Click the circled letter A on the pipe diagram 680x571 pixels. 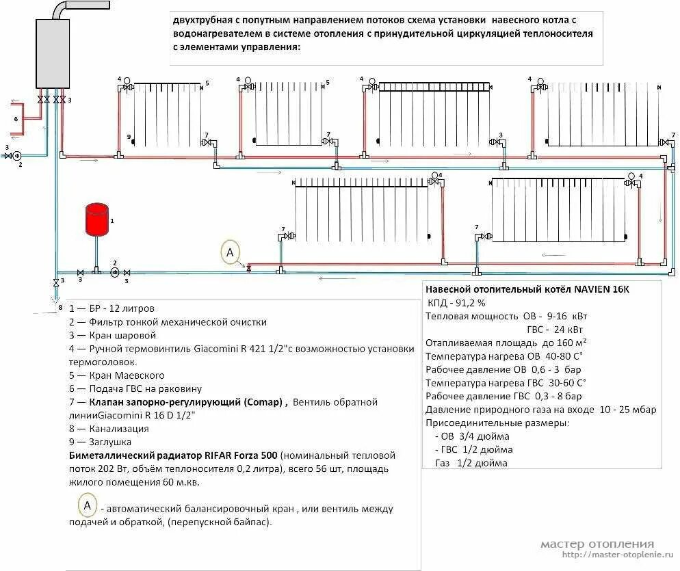(231, 252)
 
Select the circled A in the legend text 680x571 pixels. (88, 507)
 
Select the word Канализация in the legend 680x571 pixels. (118, 429)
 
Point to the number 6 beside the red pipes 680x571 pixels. (16, 119)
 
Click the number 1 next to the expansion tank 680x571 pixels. (112, 221)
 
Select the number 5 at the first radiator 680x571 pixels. (206, 83)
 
